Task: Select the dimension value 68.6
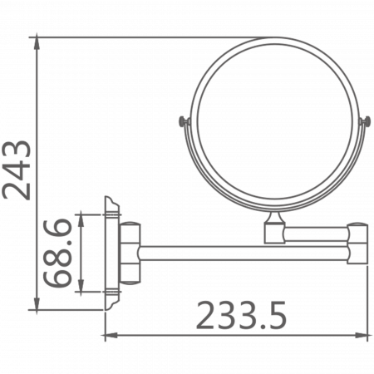[x=58, y=253]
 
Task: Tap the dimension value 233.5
[x=241, y=317]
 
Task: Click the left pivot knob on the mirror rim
[x=184, y=124]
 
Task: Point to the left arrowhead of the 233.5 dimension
[x=106, y=337]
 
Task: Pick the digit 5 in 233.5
[x=278, y=317]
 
